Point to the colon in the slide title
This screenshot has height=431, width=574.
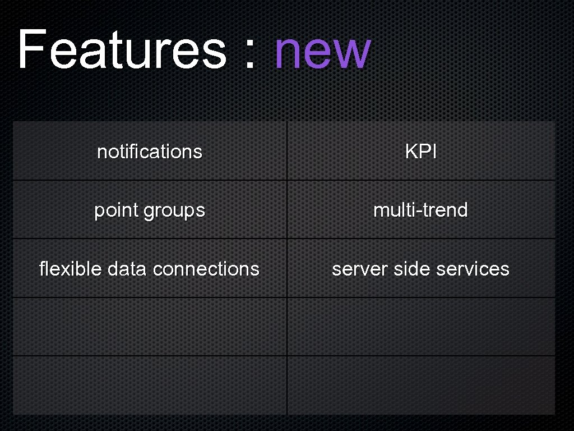pyautogui.click(x=250, y=56)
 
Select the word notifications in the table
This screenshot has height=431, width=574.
pyautogui.click(x=150, y=152)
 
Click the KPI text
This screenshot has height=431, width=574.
pyautogui.click(x=420, y=152)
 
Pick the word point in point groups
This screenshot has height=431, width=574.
pyautogui.click(x=116, y=210)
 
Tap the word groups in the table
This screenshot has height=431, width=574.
pyautogui.click(x=174, y=210)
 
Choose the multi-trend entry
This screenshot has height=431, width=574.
pyautogui.click(x=420, y=210)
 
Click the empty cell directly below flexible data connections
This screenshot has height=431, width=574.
pyautogui.click(x=150, y=327)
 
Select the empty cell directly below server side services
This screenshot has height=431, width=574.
pyautogui.click(x=420, y=327)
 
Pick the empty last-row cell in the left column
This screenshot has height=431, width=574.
pyautogui.click(x=150, y=386)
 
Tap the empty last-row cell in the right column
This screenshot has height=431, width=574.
pyautogui.click(x=420, y=386)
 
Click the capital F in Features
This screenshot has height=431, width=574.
pyautogui.click(x=31, y=51)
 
